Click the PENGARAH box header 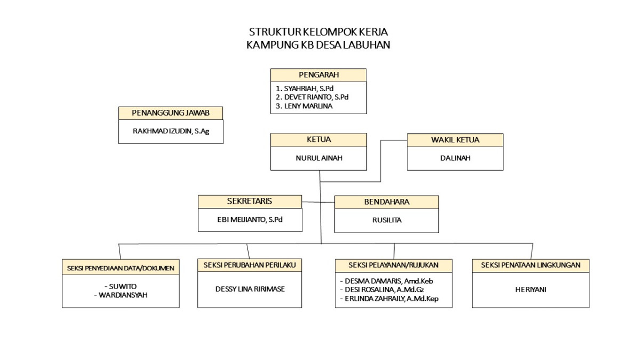click(x=318, y=75)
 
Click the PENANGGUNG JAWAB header click(x=171, y=113)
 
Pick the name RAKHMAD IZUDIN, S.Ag click(x=171, y=131)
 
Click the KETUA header click(x=318, y=140)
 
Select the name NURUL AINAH click(x=318, y=158)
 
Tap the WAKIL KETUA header click(x=455, y=140)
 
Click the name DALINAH click(x=455, y=158)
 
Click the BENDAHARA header click(x=387, y=202)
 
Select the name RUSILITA click(x=387, y=219)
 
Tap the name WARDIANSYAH click(x=123, y=294)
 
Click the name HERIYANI click(x=531, y=290)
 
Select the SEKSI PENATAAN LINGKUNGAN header click(x=531, y=265)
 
